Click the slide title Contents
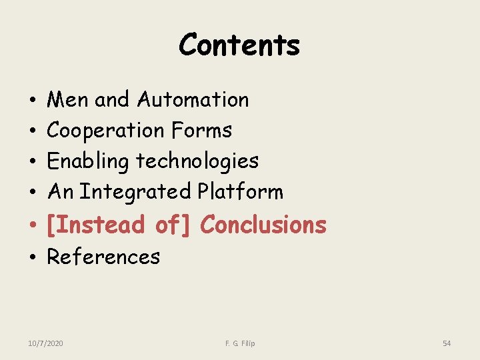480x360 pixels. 239,45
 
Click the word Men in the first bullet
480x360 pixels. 69,100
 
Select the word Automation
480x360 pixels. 193,100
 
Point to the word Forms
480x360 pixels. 201,131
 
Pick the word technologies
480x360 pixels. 197,161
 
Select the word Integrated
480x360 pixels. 136,192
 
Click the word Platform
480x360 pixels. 241,192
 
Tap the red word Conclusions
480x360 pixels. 263,225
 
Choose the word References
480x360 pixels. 103,257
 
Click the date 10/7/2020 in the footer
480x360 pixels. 46,343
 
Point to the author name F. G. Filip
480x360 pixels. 240,343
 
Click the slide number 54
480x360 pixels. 447,343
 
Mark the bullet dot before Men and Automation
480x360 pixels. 33,101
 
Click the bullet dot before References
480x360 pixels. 33,258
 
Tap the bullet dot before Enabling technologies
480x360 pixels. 33,163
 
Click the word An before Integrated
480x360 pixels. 60,192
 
